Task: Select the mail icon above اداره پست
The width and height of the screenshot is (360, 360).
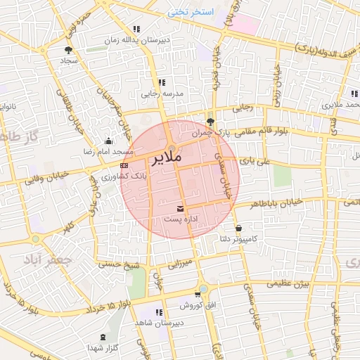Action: [x=181, y=208]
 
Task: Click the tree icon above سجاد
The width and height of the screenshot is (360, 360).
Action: [x=68, y=50]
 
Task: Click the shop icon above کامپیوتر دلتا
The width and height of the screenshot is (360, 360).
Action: [x=239, y=228]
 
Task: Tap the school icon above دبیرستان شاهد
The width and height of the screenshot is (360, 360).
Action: [x=160, y=311]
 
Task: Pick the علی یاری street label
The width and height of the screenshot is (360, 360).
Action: [x=254, y=160]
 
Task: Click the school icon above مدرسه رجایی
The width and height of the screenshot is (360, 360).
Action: [x=162, y=82]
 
